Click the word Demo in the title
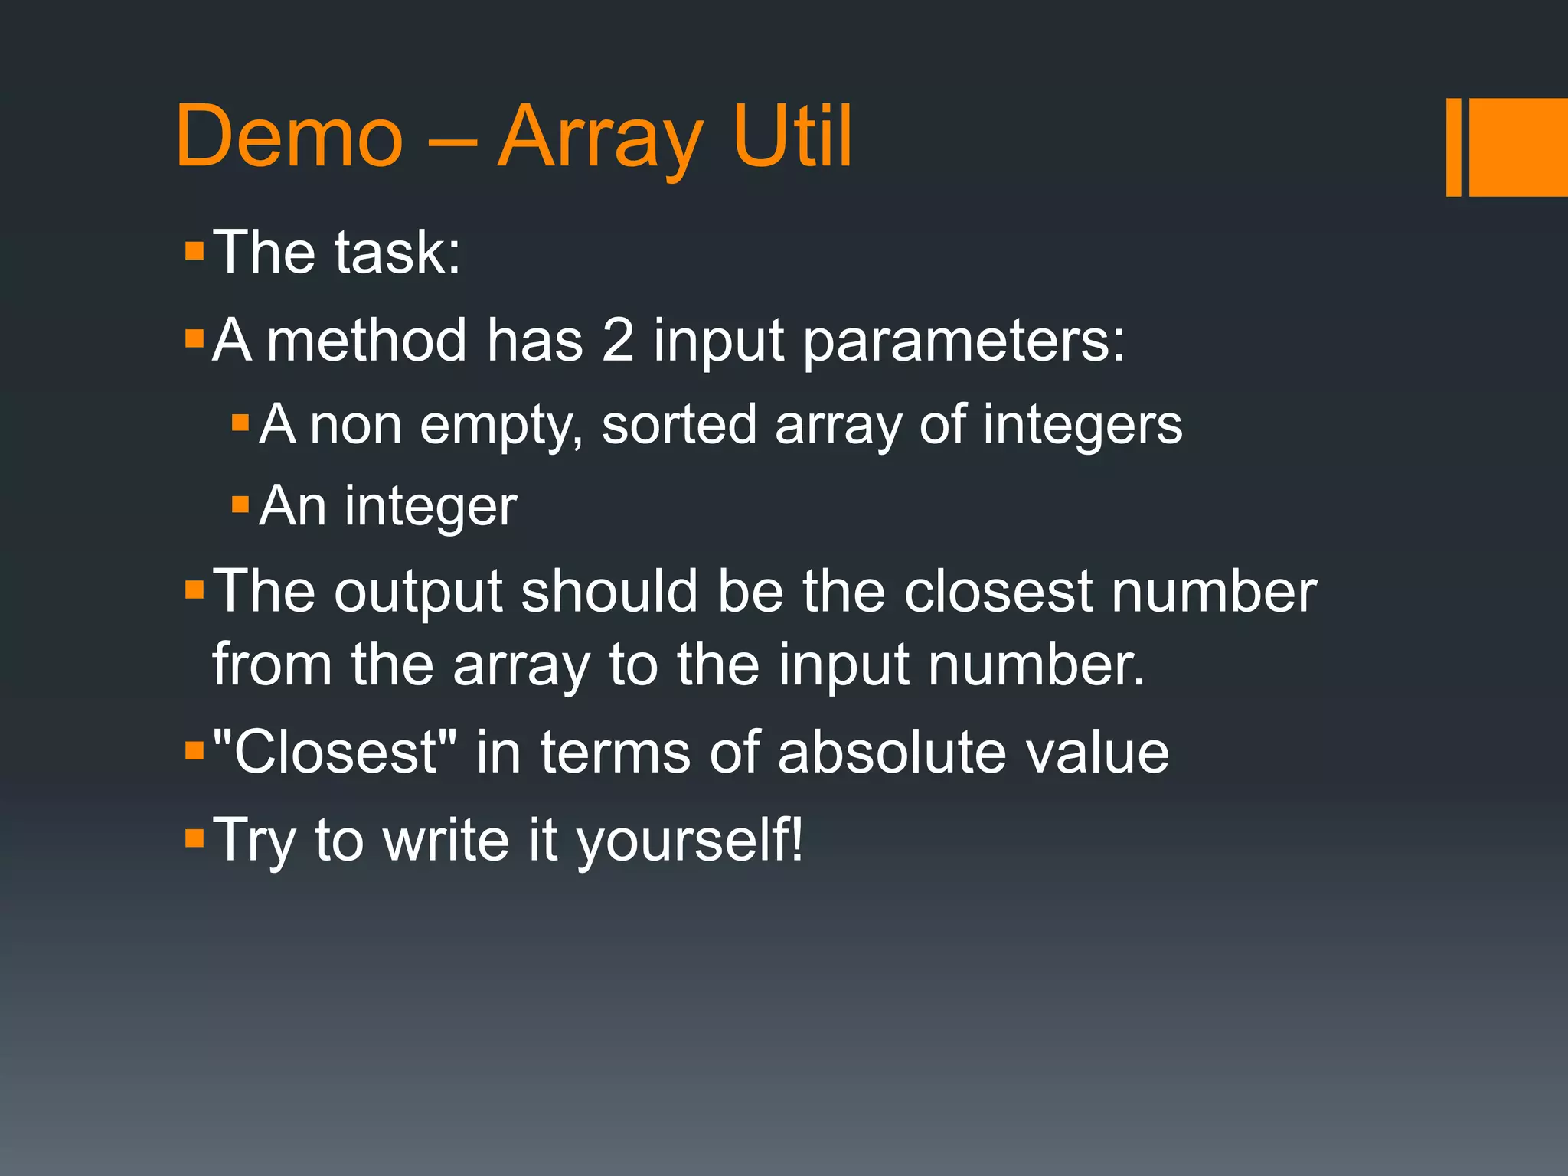[289, 138]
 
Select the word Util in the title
[792, 138]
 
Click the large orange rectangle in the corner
[1518, 147]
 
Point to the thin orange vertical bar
[1453, 147]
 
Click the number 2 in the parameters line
[618, 340]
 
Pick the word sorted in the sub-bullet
[679, 425]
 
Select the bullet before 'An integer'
[240, 505]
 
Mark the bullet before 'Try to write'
[194, 838]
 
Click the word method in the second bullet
[367, 340]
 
